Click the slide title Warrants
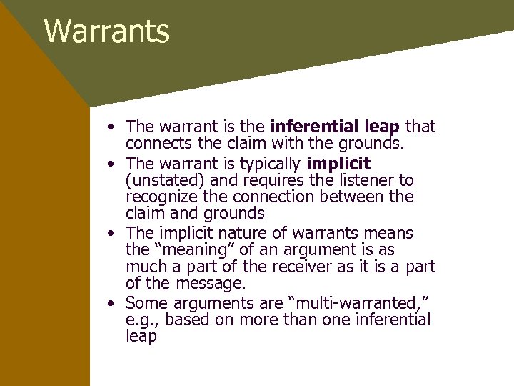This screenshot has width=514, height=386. point(107,32)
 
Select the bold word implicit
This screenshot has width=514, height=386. point(338,163)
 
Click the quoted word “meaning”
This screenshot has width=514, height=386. point(183,250)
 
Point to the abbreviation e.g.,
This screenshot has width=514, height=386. point(143,320)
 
